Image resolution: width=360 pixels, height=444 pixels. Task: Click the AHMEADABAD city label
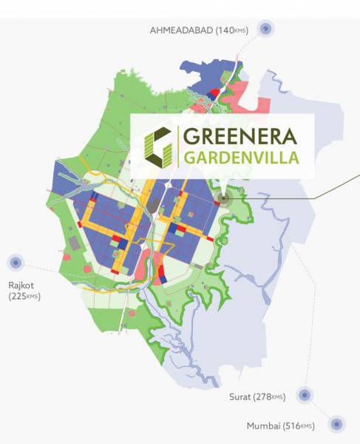pos(181,30)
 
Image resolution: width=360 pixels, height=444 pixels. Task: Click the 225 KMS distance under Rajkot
pos(24,296)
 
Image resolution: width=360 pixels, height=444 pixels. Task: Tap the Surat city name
pos(240,397)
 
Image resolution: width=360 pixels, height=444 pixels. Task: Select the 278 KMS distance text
pos(269,397)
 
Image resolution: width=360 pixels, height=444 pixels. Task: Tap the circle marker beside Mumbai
pos(336,424)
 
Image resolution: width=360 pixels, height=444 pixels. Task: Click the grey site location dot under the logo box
pos(224,198)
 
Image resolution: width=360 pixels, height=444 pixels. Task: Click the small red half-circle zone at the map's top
pos(214,94)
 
